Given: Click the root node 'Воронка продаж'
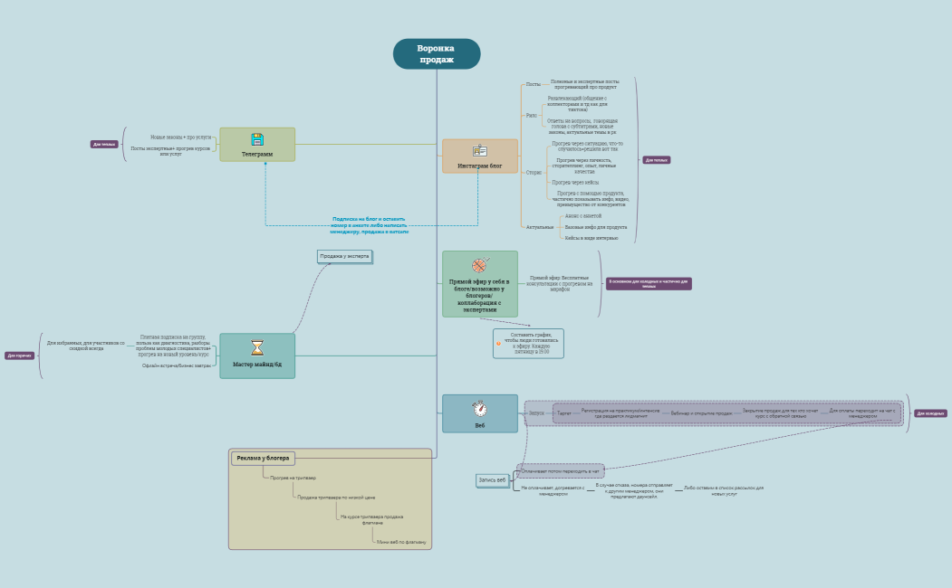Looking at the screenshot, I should tap(437, 54).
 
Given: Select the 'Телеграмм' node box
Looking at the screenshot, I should tap(257, 145).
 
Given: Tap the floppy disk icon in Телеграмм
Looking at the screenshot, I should tap(257, 139).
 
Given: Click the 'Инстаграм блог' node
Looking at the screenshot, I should tap(479, 156).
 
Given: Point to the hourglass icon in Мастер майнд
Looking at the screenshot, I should tap(257, 347).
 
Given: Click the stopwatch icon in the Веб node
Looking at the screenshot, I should tap(479, 408).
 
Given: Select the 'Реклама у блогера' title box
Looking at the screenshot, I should tap(263, 459).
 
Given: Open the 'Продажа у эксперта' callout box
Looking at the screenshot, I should tap(344, 256).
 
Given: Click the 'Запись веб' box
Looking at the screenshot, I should tap(493, 480).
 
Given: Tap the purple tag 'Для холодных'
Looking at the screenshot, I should tap(930, 413).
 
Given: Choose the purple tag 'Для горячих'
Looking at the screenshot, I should tap(19, 356).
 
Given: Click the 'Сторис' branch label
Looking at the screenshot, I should tap(534, 172).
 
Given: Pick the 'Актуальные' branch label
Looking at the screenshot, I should tap(539, 227).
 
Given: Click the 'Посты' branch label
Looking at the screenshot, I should tap(533, 84).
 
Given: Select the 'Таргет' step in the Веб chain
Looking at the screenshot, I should tap(564, 413).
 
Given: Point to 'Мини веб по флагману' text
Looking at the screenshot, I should tap(401, 542).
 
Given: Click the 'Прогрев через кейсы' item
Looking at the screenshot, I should tap(575, 183).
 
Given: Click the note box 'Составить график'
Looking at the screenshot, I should tap(530, 343).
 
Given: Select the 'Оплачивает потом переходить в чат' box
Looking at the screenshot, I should tap(561, 471).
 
